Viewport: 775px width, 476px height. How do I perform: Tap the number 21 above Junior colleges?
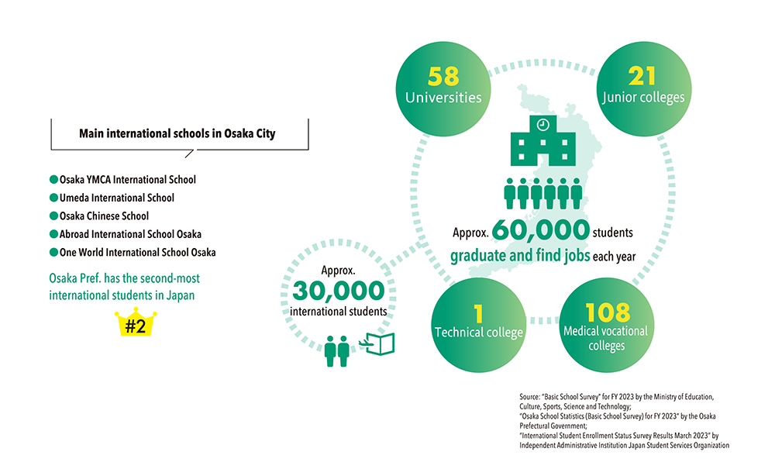(x=642, y=76)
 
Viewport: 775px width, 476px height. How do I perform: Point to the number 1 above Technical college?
(x=478, y=312)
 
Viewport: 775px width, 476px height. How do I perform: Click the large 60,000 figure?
(x=540, y=231)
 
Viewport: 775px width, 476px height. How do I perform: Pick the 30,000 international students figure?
(x=339, y=291)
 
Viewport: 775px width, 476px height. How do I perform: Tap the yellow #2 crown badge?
(x=136, y=324)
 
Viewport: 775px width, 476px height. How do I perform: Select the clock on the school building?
(x=543, y=124)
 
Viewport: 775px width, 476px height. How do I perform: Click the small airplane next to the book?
(x=367, y=341)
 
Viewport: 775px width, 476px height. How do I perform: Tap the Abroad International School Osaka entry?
(x=130, y=234)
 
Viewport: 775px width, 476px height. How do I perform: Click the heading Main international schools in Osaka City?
(x=177, y=133)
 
